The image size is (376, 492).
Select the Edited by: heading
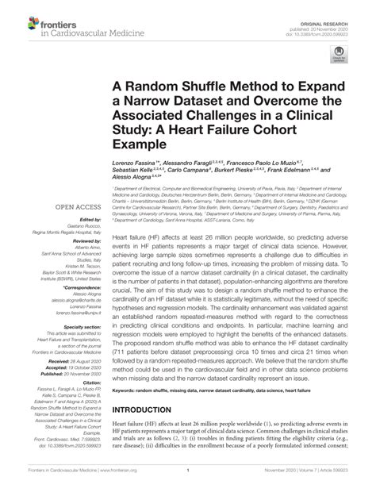[x=90, y=220]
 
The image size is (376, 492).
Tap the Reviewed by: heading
[x=87, y=241]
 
